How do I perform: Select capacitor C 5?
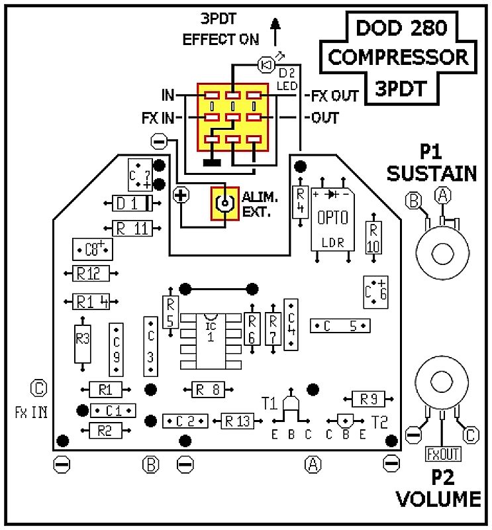340,325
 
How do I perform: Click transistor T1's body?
290,405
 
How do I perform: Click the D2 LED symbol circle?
266,64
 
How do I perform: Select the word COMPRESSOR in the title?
399,57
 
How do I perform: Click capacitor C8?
92,249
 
